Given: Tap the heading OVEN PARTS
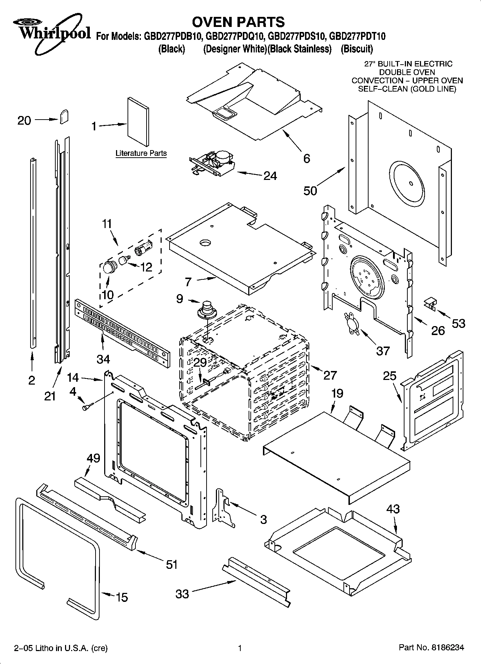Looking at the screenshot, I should point(238,22).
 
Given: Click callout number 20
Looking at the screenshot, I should point(24,120).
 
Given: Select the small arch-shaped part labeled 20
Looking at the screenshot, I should point(64,117).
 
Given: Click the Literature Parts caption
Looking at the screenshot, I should point(141,153).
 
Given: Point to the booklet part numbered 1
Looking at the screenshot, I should point(138,123).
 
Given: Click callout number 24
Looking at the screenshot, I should point(270,176).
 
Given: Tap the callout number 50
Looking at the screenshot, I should point(310,190).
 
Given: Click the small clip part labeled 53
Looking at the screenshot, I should point(430,303).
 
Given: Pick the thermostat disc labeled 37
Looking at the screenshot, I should point(351,324).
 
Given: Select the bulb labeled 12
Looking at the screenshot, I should point(125,259).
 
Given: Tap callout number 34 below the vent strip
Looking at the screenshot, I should point(103,358).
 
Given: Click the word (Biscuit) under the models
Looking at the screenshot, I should point(357,49).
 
